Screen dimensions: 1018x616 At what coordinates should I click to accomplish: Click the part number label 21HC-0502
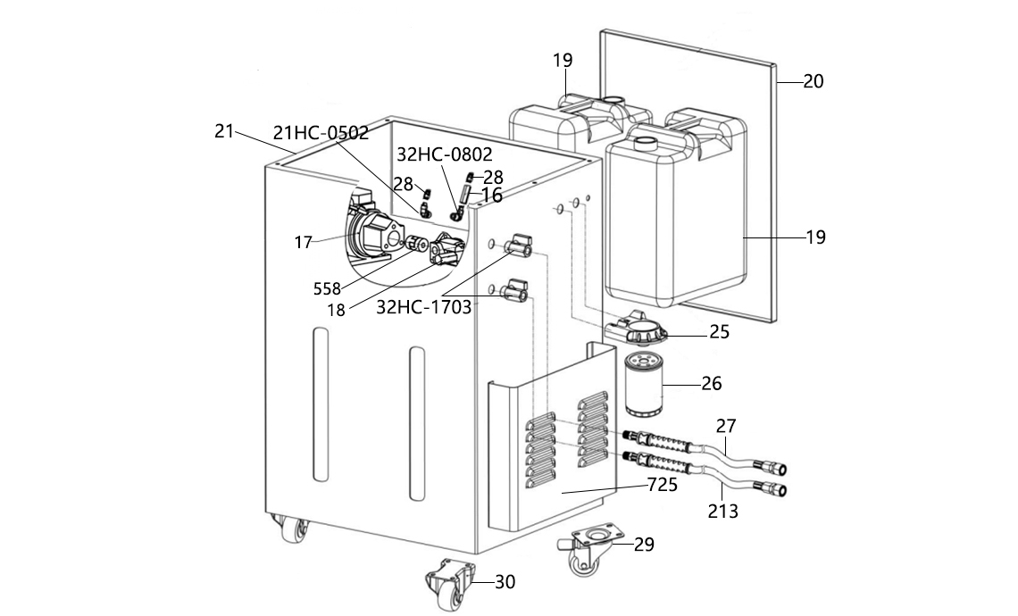click(x=321, y=132)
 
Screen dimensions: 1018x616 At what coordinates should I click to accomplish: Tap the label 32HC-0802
click(x=445, y=154)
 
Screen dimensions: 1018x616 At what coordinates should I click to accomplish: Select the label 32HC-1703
click(x=424, y=307)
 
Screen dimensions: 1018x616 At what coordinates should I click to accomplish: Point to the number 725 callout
click(x=663, y=484)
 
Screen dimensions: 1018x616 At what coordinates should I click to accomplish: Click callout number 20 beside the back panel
click(x=814, y=81)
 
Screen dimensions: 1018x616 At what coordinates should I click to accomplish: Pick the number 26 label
click(x=712, y=384)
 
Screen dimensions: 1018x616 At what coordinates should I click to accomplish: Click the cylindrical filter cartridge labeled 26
click(x=643, y=384)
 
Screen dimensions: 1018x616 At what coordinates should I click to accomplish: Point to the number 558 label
click(x=327, y=289)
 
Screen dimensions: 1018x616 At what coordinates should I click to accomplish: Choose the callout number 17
click(x=304, y=243)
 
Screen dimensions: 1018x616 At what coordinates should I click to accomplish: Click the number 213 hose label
click(x=723, y=512)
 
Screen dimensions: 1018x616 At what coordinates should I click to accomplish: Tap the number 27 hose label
click(x=727, y=426)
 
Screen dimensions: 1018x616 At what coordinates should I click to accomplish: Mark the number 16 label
click(x=491, y=195)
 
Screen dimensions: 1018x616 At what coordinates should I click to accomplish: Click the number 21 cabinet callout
click(x=224, y=131)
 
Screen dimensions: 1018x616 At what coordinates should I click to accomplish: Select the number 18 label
click(x=337, y=311)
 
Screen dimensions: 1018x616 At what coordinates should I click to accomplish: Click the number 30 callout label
click(x=505, y=582)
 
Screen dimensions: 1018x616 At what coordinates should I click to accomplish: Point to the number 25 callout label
click(x=720, y=332)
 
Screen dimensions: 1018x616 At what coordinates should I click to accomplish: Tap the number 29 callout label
click(x=644, y=544)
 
